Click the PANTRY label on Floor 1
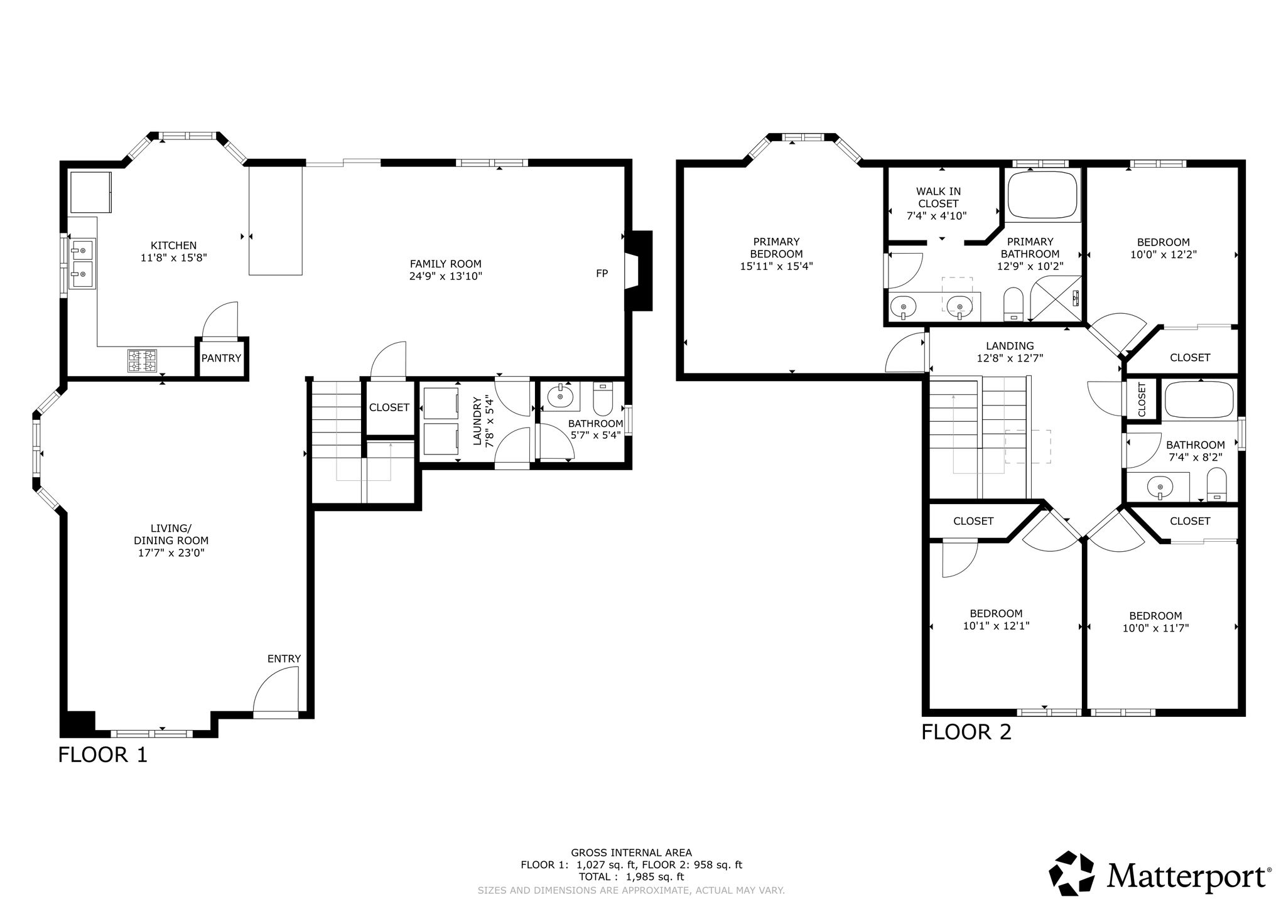tap(221, 358)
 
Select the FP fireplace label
tap(602, 273)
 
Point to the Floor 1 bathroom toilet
tap(603, 399)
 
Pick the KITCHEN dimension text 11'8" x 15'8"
tap(174, 257)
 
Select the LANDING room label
tap(1010, 346)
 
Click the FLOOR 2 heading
tap(966, 732)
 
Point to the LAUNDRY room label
tap(477, 421)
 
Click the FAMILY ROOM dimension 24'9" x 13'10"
tap(446, 276)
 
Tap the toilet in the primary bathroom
tap(1013, 304)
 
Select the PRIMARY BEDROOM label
tap(776, 248)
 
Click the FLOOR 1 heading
tap(102, 754)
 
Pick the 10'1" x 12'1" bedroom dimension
tap(996, 626)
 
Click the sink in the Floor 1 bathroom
tap(560, 397)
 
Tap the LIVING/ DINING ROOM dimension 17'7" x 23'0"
tap(171, 553)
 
